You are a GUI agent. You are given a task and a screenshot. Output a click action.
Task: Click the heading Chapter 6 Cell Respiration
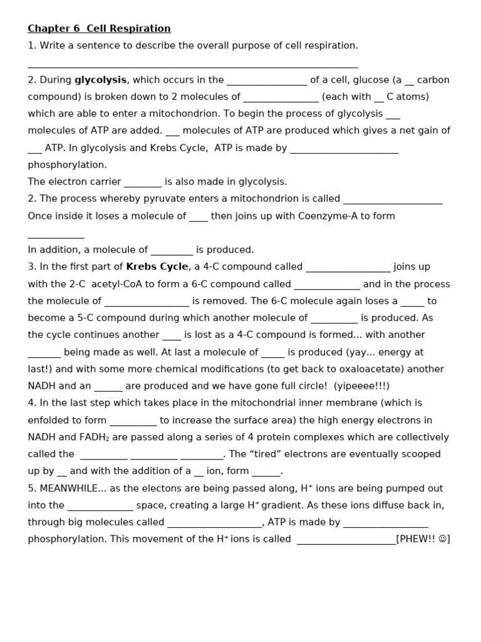[x=99, y=29]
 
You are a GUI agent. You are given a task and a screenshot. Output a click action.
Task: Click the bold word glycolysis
[x=101, y=80]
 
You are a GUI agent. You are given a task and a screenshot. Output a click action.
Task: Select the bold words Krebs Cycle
[x=157, y=266]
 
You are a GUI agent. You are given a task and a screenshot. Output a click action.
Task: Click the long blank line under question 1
[x=193, y=65]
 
